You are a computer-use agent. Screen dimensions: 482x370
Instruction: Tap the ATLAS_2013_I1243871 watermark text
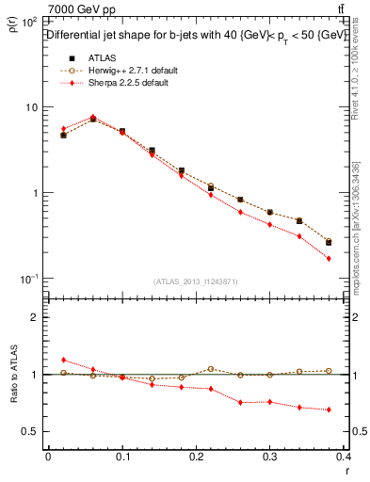pos(195,281)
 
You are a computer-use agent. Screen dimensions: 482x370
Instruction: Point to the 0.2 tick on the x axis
pos(196,457)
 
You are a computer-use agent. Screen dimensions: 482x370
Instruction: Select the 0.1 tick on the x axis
pos(121,457)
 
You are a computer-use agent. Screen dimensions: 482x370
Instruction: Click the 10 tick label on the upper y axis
pos(31,106)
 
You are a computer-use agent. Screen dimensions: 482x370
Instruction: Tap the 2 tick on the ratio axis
pos(34,317)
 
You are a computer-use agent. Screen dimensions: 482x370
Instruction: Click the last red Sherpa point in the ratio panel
pos(329,410)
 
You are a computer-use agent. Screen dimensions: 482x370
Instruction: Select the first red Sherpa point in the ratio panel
pos(63,360)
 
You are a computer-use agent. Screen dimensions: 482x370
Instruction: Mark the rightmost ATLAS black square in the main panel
pos(329,242)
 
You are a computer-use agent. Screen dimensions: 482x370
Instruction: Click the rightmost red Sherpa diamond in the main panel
pos(329,258)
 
